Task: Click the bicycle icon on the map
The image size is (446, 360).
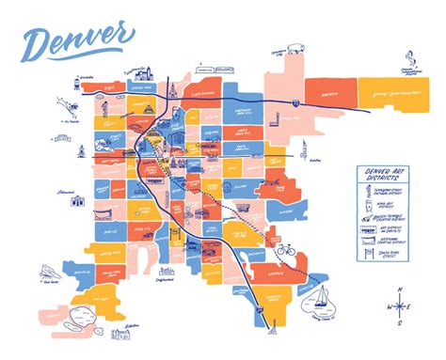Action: [x=286, y=252]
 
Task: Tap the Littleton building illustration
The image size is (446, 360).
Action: [x=121, y=333]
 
